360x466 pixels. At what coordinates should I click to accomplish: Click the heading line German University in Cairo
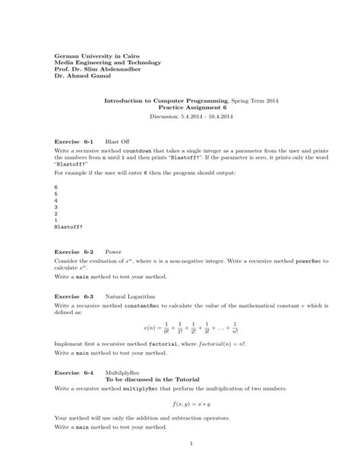pos(97,56)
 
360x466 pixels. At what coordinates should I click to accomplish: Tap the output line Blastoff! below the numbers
pos(69,227)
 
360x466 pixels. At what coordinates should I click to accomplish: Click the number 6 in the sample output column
pos(56,186)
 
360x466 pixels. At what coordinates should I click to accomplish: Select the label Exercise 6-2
pos(74,251)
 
